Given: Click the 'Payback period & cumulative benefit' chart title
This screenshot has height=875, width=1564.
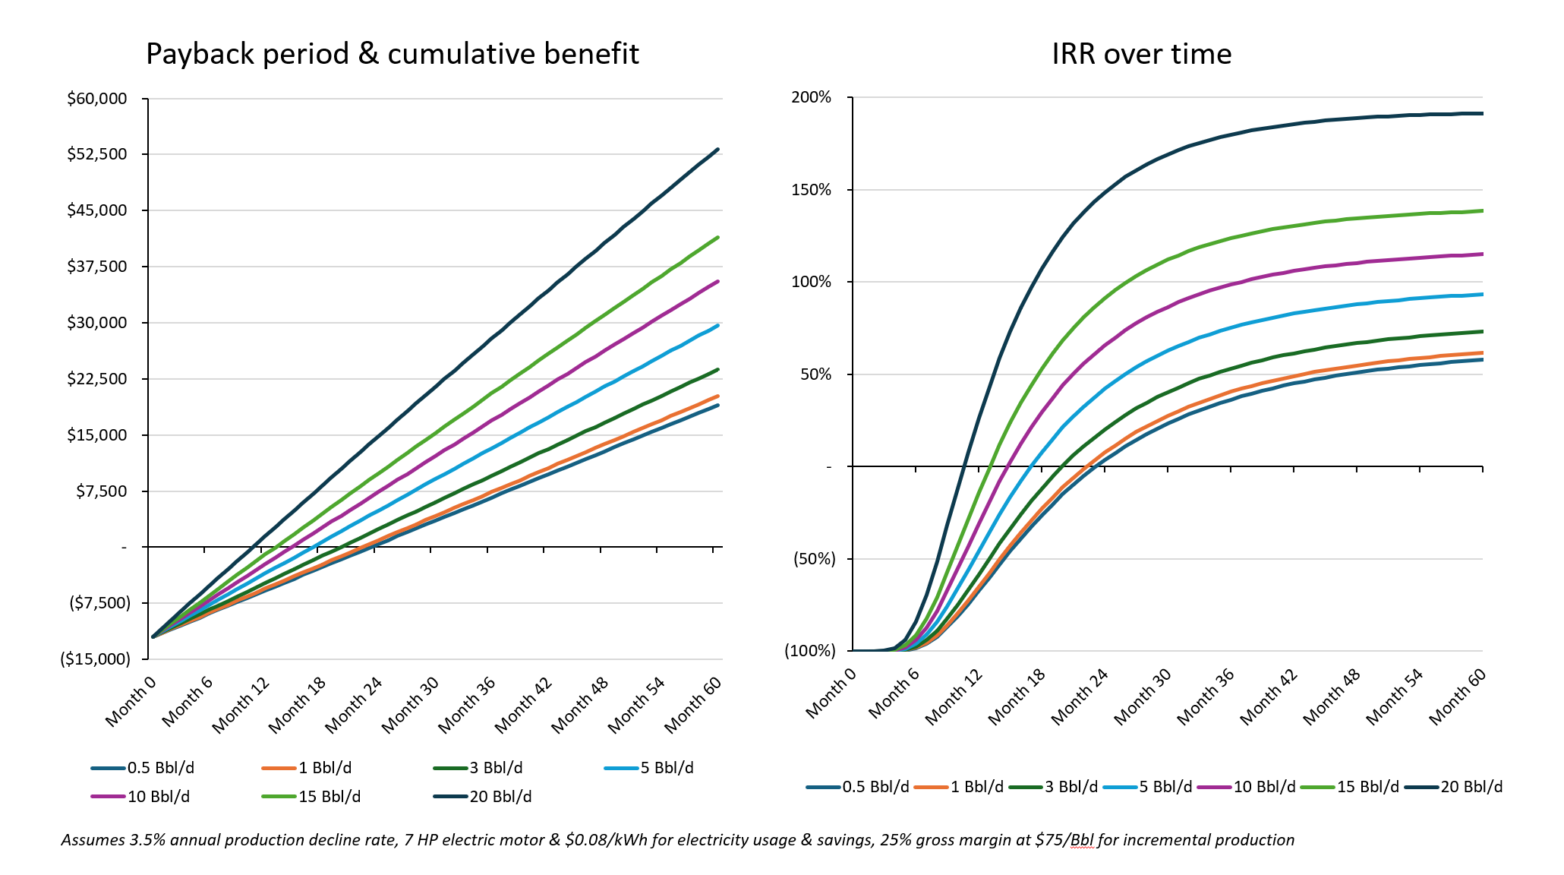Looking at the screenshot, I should [x=392, y=54].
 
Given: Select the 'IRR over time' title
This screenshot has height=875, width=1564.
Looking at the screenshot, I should [x=1141, y=54].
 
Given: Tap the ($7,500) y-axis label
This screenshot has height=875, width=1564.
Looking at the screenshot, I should [x=100, y=603].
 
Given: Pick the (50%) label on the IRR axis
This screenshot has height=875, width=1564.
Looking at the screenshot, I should [x=814, y=559].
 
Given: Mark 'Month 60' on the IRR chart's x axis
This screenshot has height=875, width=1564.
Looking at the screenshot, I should [x=1458, y=697].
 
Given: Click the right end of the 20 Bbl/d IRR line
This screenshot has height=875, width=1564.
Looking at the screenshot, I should [x=1481, y=114].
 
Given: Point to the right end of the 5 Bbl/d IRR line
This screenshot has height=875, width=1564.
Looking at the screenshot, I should [x=1481, y=294].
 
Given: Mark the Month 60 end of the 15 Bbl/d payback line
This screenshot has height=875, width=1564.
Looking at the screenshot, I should [x=717, y=238].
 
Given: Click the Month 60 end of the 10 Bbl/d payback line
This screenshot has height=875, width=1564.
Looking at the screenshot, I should [x=717, y=282].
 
